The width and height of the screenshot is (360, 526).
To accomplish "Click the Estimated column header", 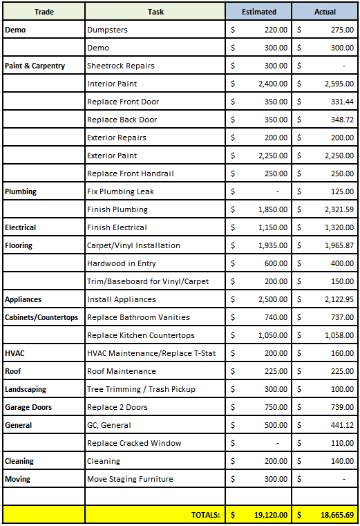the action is click(258, 12).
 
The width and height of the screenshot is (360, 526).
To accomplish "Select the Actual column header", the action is click(325, 12).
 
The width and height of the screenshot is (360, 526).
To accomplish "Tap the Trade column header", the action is click(44, 12).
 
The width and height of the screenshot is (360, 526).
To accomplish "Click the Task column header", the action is click(155, 12).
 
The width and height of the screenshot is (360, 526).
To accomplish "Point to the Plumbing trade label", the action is click(21, 191).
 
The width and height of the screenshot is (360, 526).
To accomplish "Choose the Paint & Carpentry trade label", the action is click(35, 66).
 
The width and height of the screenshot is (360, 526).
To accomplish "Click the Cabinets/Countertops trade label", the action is click(41, 317).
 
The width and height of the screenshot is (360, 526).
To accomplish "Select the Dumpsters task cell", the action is click(107, 30).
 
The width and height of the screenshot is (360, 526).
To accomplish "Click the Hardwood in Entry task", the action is click(122, 263).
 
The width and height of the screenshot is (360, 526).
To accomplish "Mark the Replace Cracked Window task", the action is click(134, 443).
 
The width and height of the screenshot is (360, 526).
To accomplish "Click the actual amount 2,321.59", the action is click(334, 209).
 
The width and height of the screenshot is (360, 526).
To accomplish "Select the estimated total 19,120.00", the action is click(268, 514).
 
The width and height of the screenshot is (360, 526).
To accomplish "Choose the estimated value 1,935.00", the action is click(270, 245).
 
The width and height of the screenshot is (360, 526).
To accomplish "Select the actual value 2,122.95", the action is click(334, 299).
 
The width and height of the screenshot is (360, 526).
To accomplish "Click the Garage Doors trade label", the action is click(28, 407).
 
